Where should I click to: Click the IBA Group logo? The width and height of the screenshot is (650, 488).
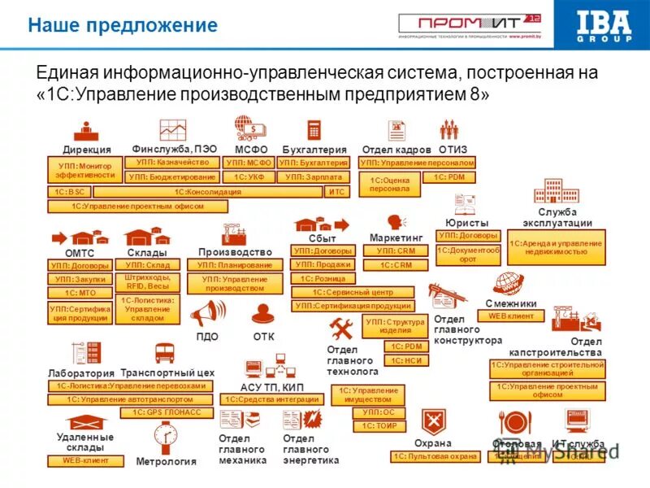(603, 25)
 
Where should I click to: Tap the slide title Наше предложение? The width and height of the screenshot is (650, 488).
(123, 25)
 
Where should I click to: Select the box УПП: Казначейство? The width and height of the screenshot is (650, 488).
(172, 163)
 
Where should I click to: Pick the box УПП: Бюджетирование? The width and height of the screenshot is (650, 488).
(172, 176)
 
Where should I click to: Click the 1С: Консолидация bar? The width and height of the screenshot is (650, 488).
(209, 192)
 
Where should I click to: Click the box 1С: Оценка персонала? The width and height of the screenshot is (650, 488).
(390, 184)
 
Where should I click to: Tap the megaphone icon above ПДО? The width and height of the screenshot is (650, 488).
(207, 313)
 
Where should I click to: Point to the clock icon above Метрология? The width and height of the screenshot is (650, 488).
(166, 439)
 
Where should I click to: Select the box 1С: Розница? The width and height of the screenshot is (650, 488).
(323, 278)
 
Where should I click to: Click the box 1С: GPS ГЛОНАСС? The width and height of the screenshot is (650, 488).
(167, 413)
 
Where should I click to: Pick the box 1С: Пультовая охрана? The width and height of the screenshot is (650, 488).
(435, 457)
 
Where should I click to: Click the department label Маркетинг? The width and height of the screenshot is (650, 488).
(396, 237)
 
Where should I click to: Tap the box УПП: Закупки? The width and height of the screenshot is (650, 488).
(80, 279)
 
